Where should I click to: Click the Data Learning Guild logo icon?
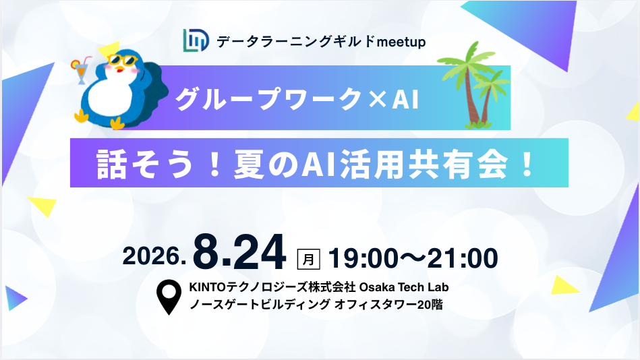196,40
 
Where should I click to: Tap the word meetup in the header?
401,42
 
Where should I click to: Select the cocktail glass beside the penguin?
81,70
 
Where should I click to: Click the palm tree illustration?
473,86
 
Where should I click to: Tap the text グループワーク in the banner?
268,99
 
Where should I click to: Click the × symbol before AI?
376,99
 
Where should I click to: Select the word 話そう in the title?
144,164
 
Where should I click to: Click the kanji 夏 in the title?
248,164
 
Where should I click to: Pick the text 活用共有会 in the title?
424,164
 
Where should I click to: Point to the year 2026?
154,257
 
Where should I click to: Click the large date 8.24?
239,253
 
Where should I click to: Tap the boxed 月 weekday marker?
309,259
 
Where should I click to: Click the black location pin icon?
169,297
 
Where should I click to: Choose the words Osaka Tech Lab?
404,287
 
